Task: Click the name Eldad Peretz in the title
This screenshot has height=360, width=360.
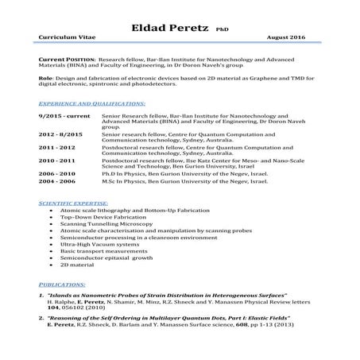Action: click(x=165, y=29)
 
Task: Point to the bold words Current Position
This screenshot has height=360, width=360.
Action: click(x=67, y=60)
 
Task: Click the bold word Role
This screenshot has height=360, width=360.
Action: click(x=46, y=78)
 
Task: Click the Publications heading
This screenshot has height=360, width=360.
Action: click(x=63, y=285)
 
